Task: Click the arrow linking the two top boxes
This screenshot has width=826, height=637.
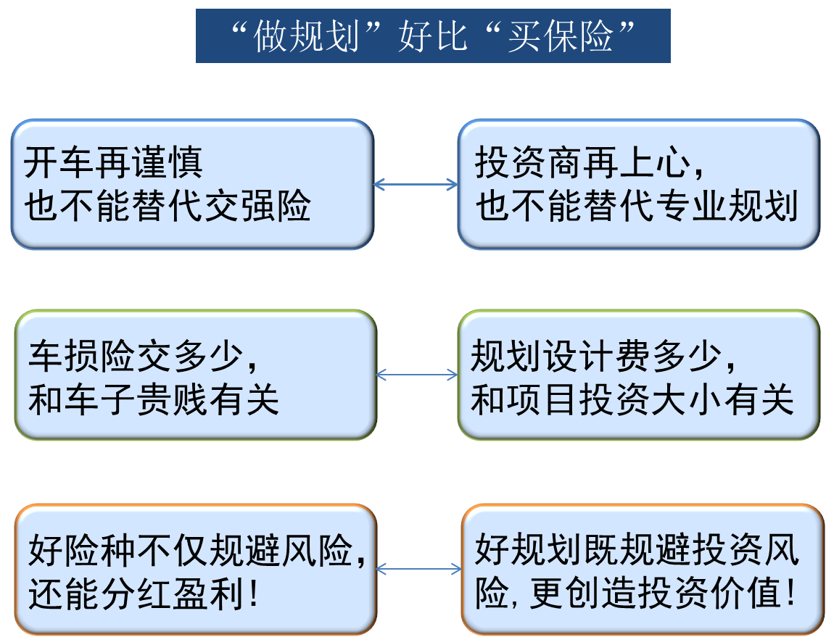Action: pos(416,185)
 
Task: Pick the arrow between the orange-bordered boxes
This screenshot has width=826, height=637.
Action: pos(419,569)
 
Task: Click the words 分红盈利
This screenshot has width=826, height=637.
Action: pos(171,594)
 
